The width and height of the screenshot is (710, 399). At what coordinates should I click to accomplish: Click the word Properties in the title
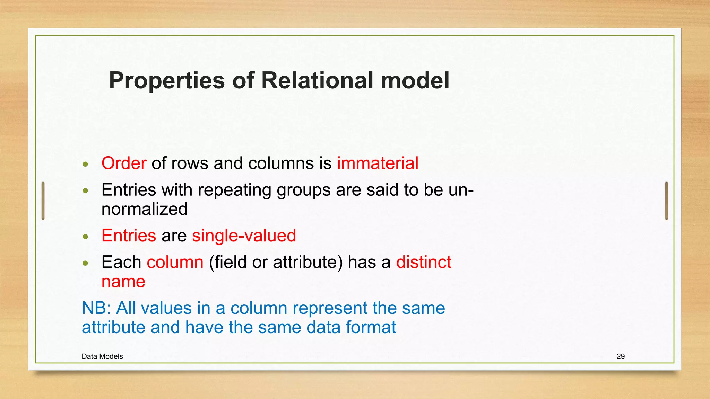coord(167,81)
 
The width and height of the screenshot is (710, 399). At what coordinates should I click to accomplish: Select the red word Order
coord(124,163)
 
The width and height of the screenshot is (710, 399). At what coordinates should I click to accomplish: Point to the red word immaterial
coord(378,163)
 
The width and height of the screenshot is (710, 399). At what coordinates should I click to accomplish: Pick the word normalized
coord(145,209)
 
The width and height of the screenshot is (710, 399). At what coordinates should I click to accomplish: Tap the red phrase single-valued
coord(244,236)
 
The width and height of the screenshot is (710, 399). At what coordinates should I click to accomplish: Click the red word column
coord(175,262)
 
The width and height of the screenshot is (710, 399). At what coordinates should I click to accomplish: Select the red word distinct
coord(424,262)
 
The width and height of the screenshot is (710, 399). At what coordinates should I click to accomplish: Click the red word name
coord(123,282)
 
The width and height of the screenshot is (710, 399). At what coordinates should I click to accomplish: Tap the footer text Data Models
coord(102,356)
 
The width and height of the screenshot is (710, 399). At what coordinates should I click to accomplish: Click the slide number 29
coord(621,356)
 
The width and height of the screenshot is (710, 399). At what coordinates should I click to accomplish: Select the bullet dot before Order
coord(86,164)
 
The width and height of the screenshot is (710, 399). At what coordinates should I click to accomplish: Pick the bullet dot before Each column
coord(86,263)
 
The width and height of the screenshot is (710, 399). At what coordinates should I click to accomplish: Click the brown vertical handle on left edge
coord(43,201)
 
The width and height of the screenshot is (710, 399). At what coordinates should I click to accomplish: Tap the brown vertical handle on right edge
coord(666,201)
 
